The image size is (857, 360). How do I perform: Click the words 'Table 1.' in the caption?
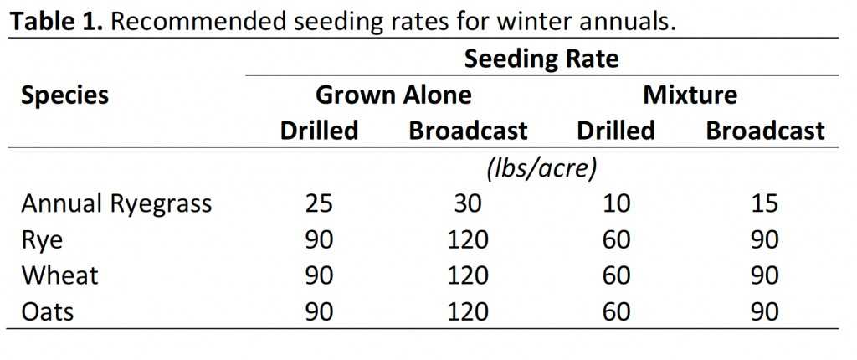pos(55,22)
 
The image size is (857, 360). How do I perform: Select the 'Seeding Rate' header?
pos(541,59)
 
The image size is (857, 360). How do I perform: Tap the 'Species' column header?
pos(65,95)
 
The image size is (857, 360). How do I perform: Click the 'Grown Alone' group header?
pos(393,95)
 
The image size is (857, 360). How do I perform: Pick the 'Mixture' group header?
pos(690,95)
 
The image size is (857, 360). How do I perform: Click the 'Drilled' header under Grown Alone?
pos(319,131)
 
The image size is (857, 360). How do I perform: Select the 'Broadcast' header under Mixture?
pos(765,131)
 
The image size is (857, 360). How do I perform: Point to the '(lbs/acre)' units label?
pos(541,168)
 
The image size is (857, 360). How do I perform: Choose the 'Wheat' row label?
pos(60,276)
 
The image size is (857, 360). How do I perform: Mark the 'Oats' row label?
pos(48,312)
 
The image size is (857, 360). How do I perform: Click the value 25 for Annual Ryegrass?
pos(319,204)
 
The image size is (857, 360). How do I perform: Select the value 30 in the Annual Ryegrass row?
pos(468,204)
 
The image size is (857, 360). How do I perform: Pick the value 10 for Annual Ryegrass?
pos(616,204)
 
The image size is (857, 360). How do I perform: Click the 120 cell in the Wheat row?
pos(468,276)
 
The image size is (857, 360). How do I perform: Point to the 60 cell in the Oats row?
pos(616,312)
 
